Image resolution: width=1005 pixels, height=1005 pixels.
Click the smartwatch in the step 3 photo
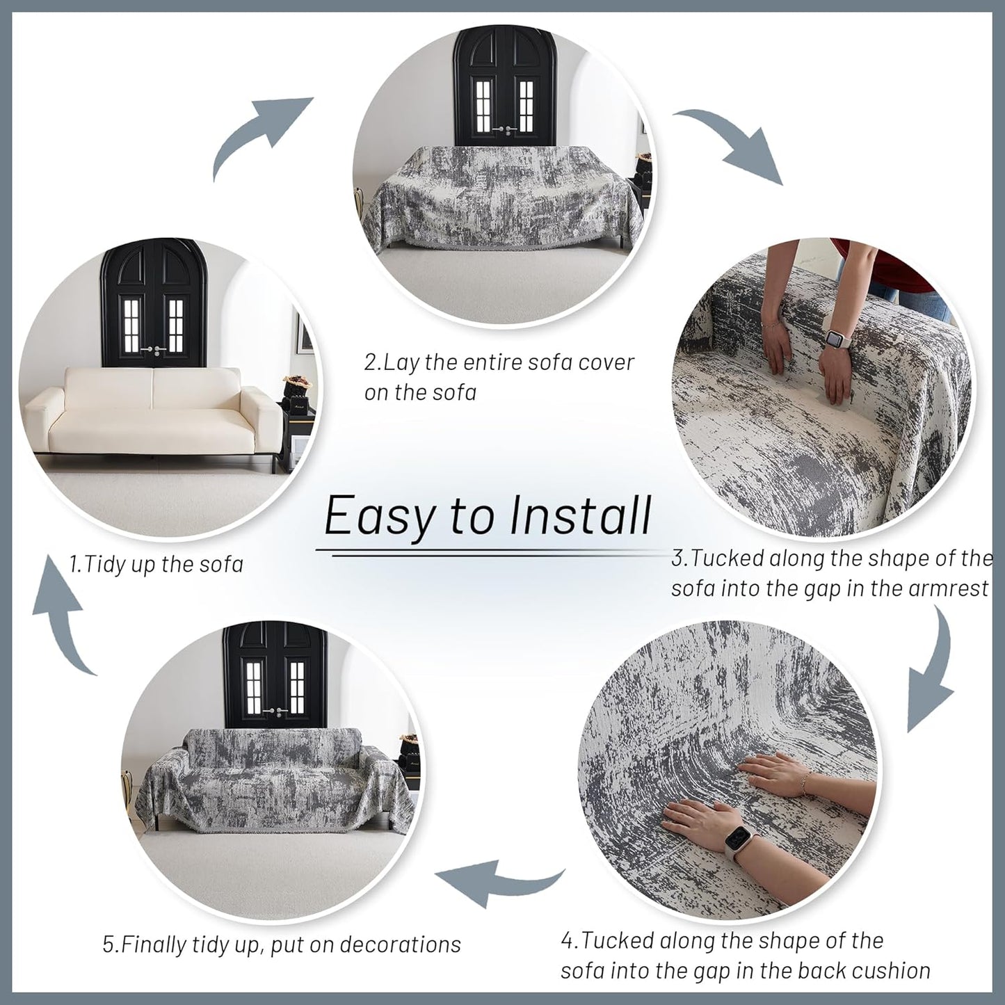click(834, 340)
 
